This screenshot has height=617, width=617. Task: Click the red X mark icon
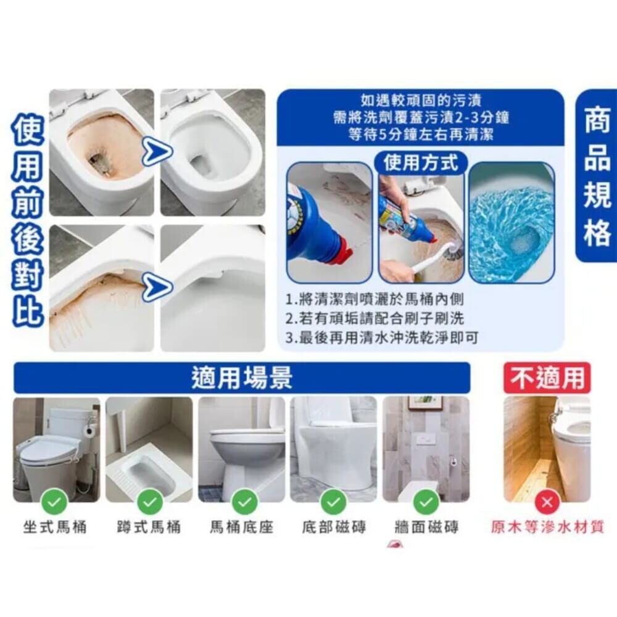[547, 502]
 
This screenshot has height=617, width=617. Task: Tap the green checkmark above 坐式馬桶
[55, 502]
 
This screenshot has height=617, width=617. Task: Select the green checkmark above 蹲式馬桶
[150, 502]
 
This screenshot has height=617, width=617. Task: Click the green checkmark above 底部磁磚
[334, 502]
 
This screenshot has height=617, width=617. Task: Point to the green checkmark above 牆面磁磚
[426, 502]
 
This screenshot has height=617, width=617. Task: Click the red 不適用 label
[547, 378]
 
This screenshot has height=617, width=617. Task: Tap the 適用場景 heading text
[242, 378]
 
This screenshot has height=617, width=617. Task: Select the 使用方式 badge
[421, 162]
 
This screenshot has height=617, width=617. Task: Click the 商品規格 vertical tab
[597, 175]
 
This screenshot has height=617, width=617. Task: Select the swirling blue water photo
[511, 222]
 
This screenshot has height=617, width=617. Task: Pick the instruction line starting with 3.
[382, 337]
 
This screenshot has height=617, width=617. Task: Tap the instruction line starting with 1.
[375, 299]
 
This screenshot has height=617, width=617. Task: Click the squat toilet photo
[149, 450]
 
